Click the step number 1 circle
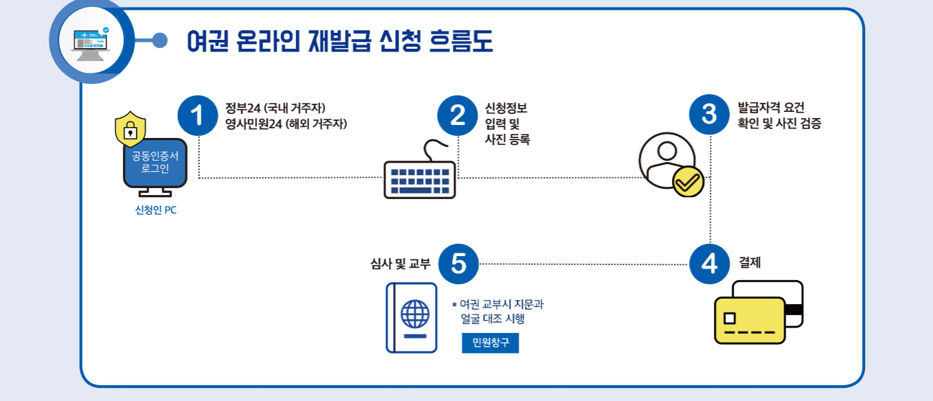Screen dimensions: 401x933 point(198,116)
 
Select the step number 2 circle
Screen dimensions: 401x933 point(457,116)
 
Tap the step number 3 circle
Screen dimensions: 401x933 point(710,115)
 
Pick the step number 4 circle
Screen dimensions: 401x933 point(710,264)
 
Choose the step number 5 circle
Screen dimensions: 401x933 point(458,264)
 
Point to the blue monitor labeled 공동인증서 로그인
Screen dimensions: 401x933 point(155,163)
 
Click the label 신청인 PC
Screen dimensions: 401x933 point(155,210)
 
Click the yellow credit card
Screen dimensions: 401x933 point(749,320)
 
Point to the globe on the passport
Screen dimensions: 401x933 point(414,314)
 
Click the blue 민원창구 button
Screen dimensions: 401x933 point(491,343)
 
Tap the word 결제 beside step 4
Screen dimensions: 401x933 point(750,262)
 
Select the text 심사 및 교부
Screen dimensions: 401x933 point(400,263)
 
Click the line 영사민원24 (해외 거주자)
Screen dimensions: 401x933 point(286,124)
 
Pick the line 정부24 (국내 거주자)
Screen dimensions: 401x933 point(275,108)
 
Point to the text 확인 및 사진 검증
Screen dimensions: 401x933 point(779,124)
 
